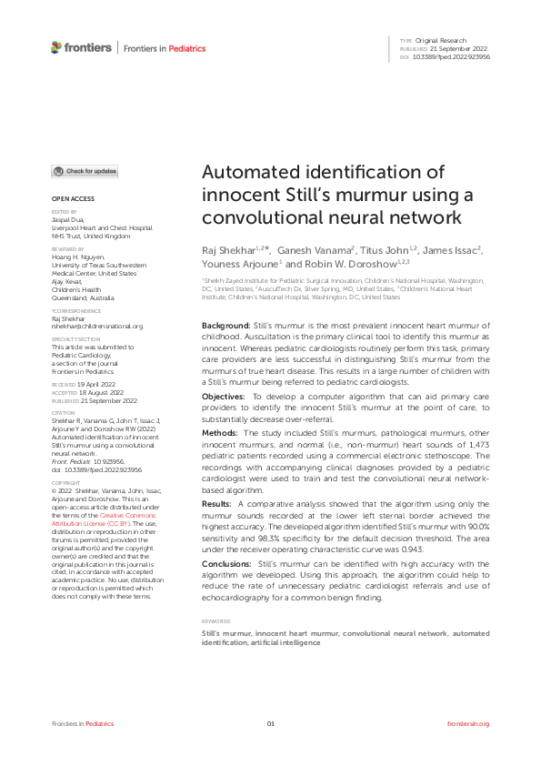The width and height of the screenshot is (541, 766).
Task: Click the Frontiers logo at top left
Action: click(x=82, y=47)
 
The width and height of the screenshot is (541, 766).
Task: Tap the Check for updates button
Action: click(x=85, y=171)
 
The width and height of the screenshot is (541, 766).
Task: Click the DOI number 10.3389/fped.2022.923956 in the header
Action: click(x=452, y=56)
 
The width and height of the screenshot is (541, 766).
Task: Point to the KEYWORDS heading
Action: click(x=216, y=621)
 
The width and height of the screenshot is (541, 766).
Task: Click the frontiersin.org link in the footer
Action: click(x=468, y=723)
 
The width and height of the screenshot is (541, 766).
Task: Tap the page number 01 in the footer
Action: click(x=270, y=723)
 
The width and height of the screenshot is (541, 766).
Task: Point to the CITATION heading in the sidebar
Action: click(x=64, y=411)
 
